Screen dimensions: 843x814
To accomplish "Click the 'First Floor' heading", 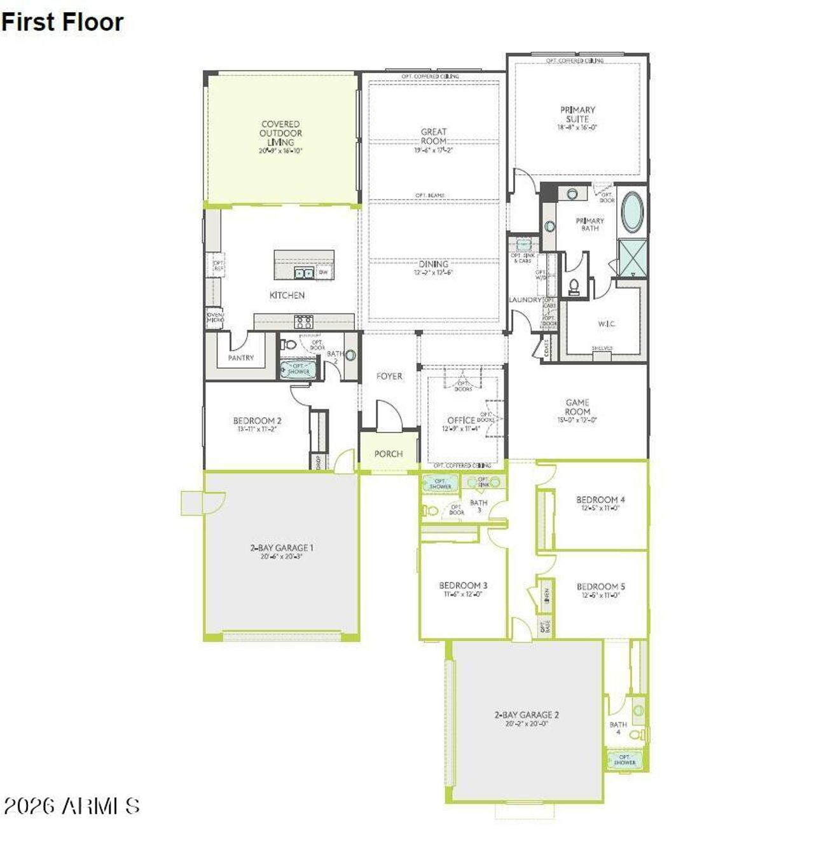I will coord(62,22).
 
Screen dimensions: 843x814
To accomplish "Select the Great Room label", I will coord(434,137).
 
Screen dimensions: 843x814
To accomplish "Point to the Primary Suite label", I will coord(577,115).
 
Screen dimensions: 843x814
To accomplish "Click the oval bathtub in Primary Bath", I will coord(632,212).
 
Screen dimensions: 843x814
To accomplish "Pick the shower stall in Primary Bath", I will coord(633,257).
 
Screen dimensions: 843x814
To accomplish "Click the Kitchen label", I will coord(287,295).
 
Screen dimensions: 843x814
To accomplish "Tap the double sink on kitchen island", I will coord(303,273).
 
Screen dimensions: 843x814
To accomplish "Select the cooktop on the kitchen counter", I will coord(303,322).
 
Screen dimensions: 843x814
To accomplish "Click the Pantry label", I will coord(241,358).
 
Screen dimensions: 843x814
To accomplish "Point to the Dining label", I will coord(434,264).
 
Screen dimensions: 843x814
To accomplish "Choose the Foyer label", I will coord(389,376).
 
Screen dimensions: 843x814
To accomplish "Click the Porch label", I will coord(389,454).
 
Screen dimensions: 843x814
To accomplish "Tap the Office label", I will coord(460,420).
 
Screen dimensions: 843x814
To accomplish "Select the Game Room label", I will coord(577,407).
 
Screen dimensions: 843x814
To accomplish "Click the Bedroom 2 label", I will coord(257,421).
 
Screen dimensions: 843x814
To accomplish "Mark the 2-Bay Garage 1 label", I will coord(281,548).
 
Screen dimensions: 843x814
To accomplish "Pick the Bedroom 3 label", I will coord(463,586).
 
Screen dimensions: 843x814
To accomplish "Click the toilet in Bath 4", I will coord(635,735).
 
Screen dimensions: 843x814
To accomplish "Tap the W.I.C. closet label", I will coord(607,324).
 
